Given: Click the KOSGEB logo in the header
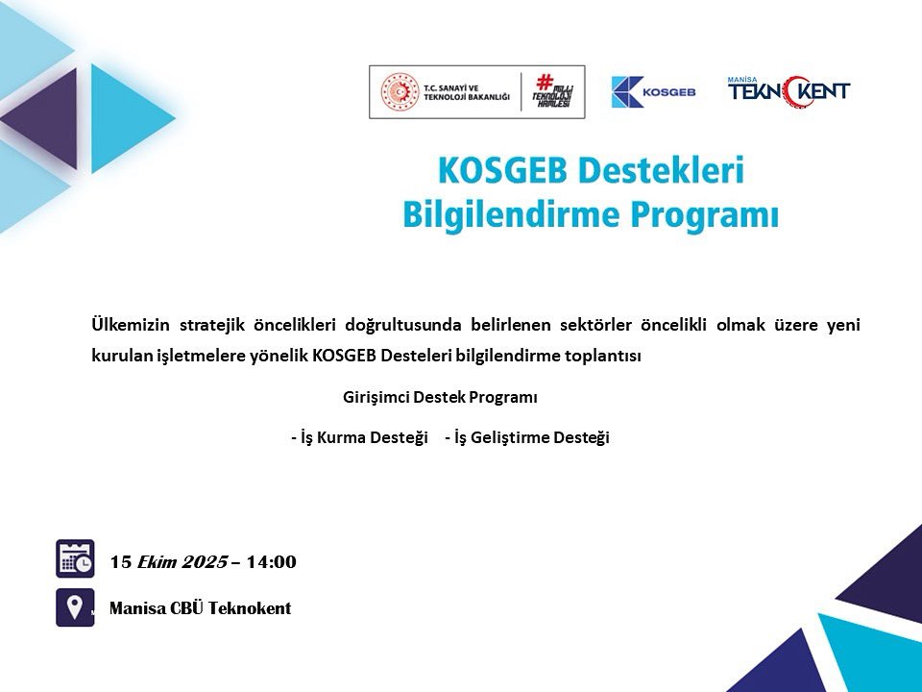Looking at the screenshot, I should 653,91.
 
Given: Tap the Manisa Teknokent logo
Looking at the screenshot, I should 789,90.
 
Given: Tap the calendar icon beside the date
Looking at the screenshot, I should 75,558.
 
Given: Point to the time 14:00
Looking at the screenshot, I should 271,562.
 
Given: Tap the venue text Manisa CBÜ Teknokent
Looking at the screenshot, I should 200,608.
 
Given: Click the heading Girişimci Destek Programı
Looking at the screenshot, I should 440,397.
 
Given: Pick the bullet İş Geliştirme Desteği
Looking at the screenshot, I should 527,437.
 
